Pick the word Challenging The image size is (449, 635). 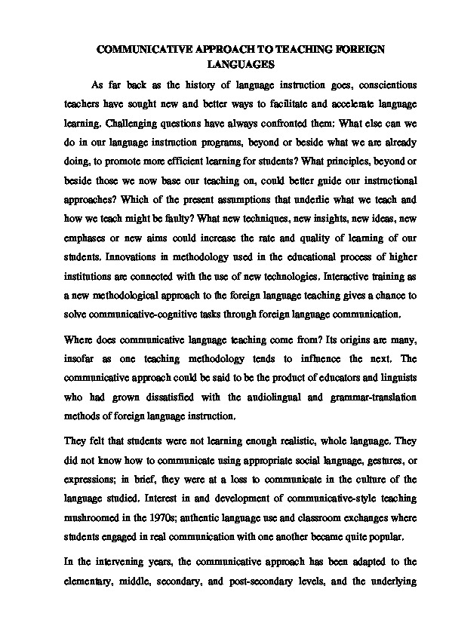pyautogui.click(x=131, y=118)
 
